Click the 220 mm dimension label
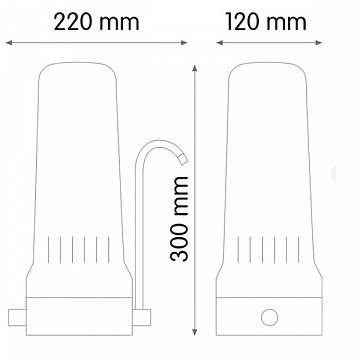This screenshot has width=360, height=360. [x=96, y=23]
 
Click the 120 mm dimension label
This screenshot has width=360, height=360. [x=266, y=22]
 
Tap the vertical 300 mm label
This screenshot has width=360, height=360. [x=179, y=219]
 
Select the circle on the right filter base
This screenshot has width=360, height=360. [x=269, y=317]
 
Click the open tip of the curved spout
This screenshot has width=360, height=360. [x=183, y=160]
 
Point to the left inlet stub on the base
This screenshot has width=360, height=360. [x=17, y=317]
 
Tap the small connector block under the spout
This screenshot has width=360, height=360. [x=142, y=317]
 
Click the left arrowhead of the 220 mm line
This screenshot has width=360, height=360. [x=9, y=43]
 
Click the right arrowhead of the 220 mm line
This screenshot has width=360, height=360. [x=184, y=43]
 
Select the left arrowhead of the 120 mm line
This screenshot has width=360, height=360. [x=220, y=43]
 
